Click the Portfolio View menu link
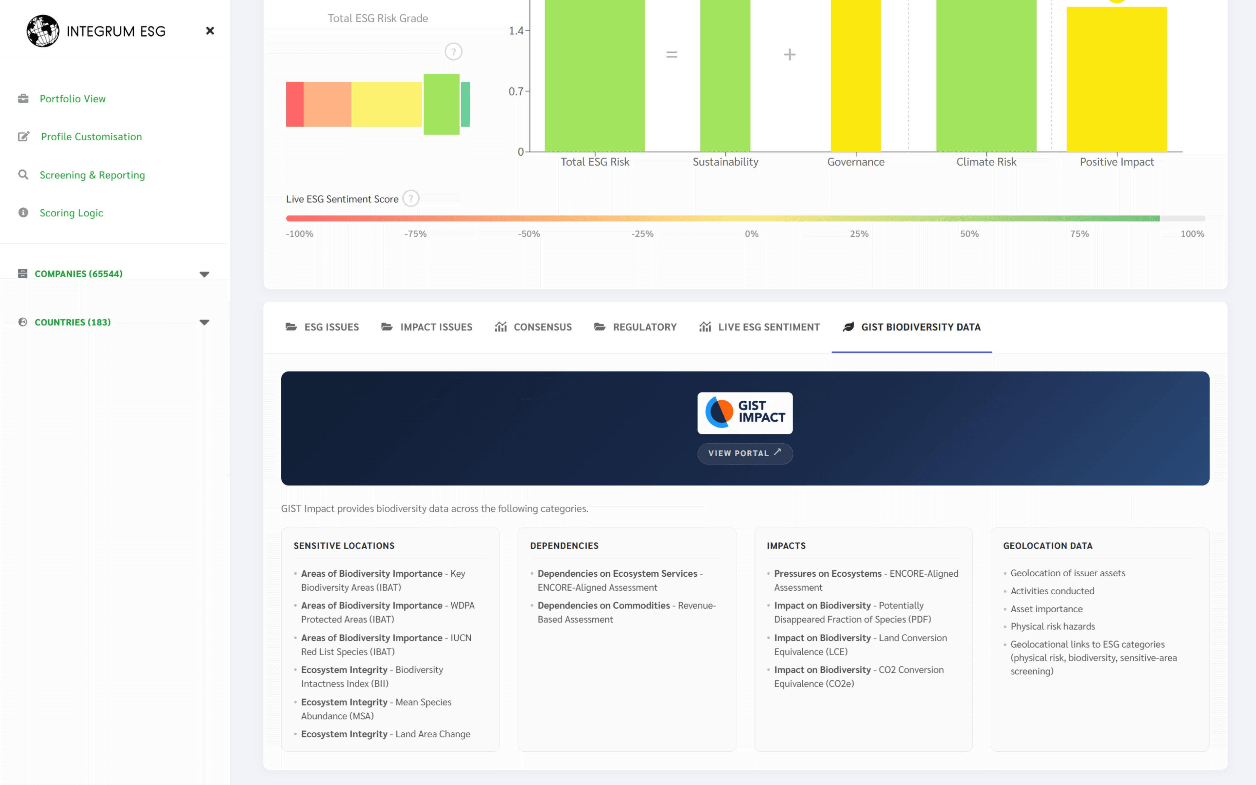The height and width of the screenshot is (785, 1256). click(x=72, y=99)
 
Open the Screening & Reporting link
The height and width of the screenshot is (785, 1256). click(x=92, y=175)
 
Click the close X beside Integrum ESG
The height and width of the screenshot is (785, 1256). click(x=210, y=31)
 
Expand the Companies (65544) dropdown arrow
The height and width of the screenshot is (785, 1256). click(x=204, y=274)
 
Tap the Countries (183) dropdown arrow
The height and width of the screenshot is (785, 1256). click(x=204, y=323)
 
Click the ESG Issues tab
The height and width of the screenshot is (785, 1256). click(x=322, y=327)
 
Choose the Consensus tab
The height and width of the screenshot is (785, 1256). click(x=533, y=327)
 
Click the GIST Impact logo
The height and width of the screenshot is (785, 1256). click(x=745, y=413)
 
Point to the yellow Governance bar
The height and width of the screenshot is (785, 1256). click(x=855, y=78)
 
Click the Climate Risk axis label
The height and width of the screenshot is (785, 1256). click(x=986, y=162)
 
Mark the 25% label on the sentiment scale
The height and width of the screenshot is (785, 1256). click(x=859, y=234)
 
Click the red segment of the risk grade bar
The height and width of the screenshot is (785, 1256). click(x=295, y=104)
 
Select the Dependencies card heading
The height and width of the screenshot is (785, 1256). click(x=564, y=546)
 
